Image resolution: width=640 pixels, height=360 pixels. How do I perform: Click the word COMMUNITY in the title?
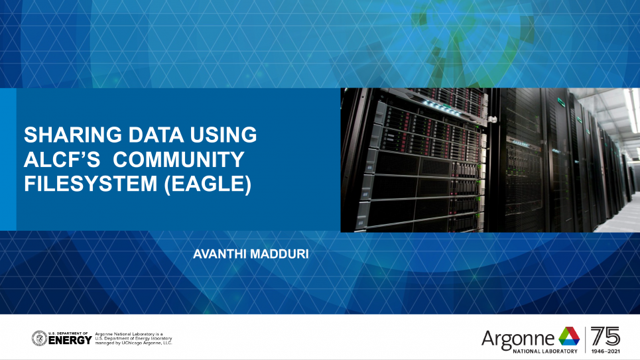click(179, 159)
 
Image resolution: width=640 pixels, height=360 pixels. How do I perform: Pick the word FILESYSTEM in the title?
click(91, 183)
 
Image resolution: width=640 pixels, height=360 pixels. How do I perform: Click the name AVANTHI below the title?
click(220, 254)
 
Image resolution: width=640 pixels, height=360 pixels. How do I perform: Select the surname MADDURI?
click(280, 254)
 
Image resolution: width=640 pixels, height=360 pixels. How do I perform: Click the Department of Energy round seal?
click(40, 338)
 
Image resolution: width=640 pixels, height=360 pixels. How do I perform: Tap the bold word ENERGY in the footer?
click(70, 340)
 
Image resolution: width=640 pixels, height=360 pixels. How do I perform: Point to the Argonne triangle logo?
click(569, 337)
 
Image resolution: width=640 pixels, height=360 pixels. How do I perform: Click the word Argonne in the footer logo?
click(517, 339)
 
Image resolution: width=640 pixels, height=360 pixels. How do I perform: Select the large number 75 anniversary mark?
click(606, 336)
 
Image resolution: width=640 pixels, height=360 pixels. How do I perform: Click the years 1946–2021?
click(606, 351)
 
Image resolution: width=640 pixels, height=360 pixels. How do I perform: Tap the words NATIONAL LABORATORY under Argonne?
click(545, 351)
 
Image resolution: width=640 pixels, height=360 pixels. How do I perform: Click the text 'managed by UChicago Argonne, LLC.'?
click(134, 343)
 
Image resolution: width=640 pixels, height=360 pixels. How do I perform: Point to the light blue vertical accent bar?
click(8, 160)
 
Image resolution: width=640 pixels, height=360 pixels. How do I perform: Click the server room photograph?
click(490, 160)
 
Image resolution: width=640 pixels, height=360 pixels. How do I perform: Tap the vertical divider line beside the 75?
click(586, 339)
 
